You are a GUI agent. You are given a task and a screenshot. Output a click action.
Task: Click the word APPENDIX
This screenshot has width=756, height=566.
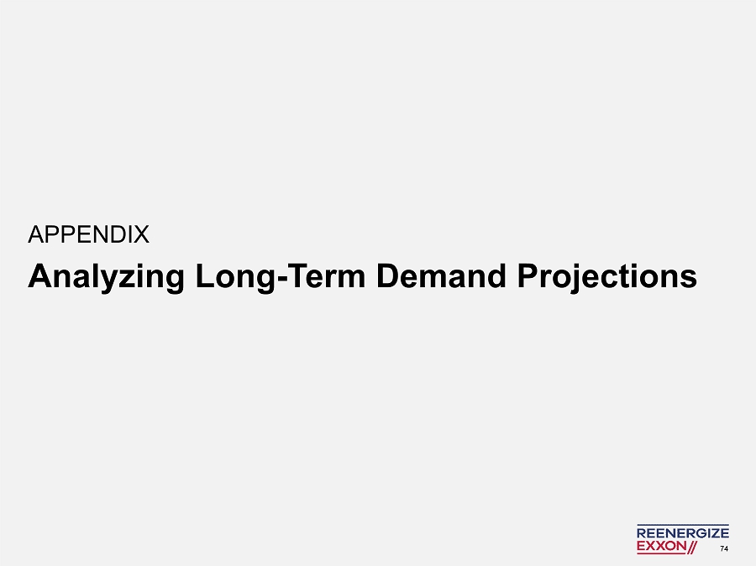pyautogui.click(x=89, y=235)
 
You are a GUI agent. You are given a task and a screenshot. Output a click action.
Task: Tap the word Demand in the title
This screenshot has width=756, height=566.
pyautogui.click(x=441, y=276)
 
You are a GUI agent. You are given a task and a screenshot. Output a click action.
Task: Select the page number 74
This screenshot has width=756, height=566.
pyautogui.click(x=724, y=548)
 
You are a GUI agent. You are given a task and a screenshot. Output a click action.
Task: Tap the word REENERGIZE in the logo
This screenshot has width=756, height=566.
pyautogui.click(x=683, y=533)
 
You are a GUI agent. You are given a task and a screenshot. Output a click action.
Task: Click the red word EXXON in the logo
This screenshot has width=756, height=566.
pyautogui.click(x=661, y=546)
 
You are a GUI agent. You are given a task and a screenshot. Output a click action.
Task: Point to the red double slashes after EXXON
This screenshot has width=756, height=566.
pyautogui.click(x=692, y=547)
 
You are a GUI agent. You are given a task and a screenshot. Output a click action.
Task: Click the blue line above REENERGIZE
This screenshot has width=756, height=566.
pyautogui.click(x=683, y=525)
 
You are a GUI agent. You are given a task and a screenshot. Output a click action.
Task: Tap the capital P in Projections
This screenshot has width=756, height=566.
pyautogui.click(x=528, y=275)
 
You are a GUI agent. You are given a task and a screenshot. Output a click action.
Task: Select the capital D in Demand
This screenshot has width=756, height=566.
pyautogui.click(x=387, y=275)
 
